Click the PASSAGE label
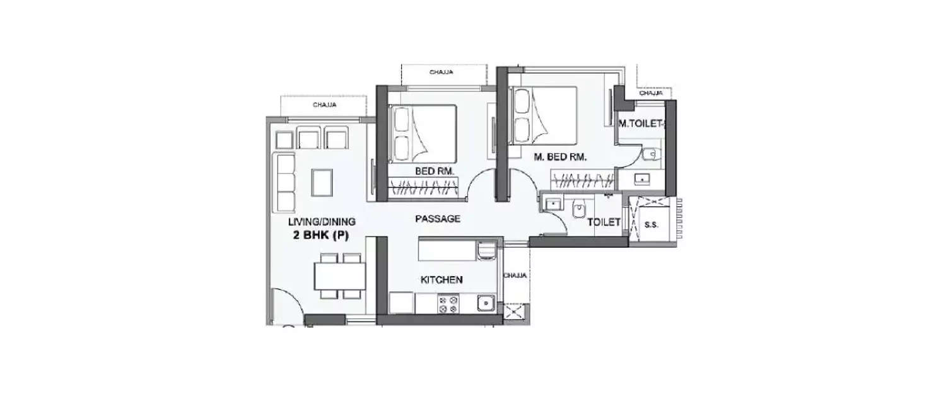tap(437, 219)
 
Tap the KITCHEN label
tap(442, 279)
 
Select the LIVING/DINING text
tap(322, 222)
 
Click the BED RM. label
tap(435, 171)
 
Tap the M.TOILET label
tap(641, 125)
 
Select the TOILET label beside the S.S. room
tap(604, 222)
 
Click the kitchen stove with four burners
tap(448, 305)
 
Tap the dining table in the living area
tap(340, 275)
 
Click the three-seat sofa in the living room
tap(285, 182)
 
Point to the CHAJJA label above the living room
tap(324, 105)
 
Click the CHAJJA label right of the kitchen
tap(515, 275)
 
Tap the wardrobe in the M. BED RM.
tap(581, 180)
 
